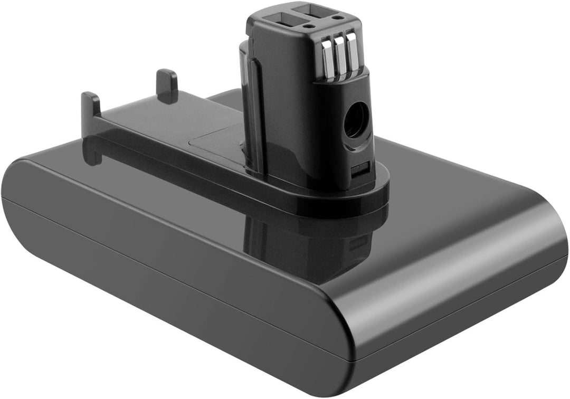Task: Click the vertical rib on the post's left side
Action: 254,116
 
